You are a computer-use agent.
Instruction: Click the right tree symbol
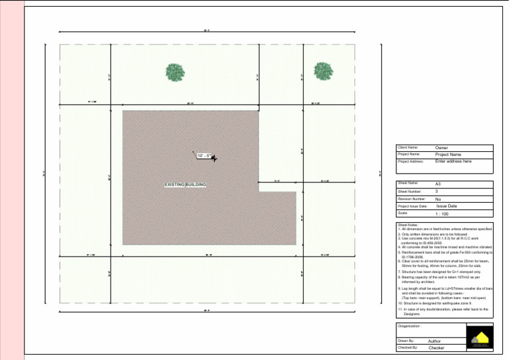(323, 72)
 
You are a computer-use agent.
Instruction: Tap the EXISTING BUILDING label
(185, 184)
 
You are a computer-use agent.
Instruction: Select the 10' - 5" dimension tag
(203, 156)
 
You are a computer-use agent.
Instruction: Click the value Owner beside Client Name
(441, 148)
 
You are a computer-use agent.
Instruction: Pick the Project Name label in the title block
(409, 154)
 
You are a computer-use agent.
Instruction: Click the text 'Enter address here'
(453, 161)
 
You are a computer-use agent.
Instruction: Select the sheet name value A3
(438, 183)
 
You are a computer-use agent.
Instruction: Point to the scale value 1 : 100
(442, 214)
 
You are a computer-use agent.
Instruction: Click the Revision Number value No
(438, 199)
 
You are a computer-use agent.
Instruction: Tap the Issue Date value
(447, 206)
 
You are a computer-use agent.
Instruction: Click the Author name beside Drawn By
(435, 341)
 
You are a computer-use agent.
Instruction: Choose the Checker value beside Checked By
(436, 347)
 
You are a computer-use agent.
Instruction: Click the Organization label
(410, 326)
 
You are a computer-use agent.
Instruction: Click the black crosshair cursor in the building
(213, 158)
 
